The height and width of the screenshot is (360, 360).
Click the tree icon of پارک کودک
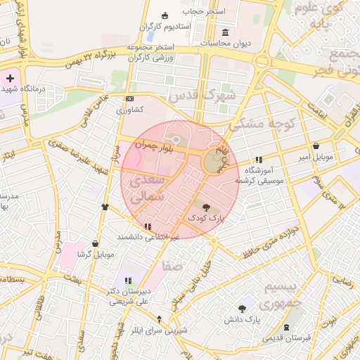tap(206, 207)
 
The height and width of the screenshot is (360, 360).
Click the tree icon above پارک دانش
tap(243, 309)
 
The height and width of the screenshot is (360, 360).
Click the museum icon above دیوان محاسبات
tap(224, 32)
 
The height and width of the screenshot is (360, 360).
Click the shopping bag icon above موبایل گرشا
tap(95, 243)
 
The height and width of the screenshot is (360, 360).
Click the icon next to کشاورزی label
tap(129, 99)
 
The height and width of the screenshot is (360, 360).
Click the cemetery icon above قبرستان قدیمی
tap(286, 328)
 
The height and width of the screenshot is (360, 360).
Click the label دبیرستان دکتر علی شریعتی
tap(128, 296)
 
